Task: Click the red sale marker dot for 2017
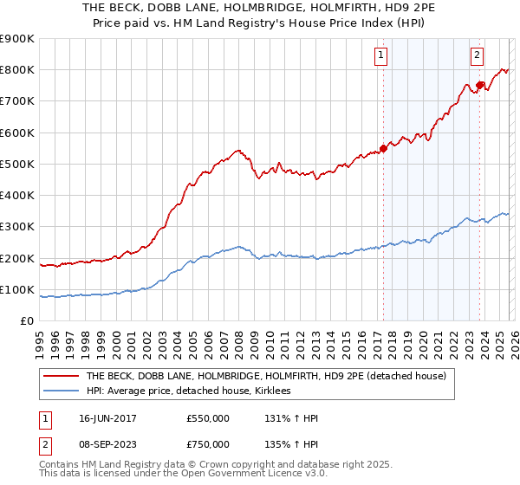[x=383, y=148]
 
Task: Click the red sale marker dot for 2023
[x=479, y=85]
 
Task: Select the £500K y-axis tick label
[x=16, y=165]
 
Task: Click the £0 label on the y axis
[x=27, y=321]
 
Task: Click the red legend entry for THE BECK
[x=265, y=376]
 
